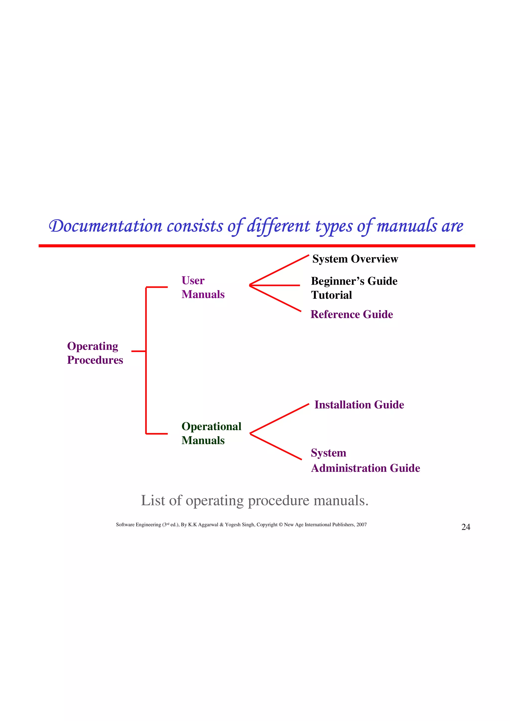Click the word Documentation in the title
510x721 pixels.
pyautogui.click(x=106, y=226)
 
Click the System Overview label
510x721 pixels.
pyautogui.click(x=355, y=259)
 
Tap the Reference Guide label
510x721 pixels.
pyautogui.click(x=351, y=314)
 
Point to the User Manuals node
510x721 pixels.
pyautogui.click(x=203, y=287)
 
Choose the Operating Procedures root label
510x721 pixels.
pyautogui.click(x=95, y=353)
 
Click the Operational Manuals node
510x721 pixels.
pyautogui.click(x=211, y=433)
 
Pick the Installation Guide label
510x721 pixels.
pyautogui.click(x=359, y=405)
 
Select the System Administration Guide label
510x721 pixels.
pyautogui.click(x=365, y=460)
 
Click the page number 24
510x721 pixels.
pyautogui.click(x=466, y=527)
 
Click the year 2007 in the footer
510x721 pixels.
pyautogui.click(x=362, y=524)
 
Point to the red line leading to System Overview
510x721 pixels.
pyautogui.click(x=279, y=270)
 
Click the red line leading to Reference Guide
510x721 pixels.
pyautogui.click(x=276, y=298)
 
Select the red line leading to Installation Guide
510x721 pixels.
pyautogui.click(x=279, y=419)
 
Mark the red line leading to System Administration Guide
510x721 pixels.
pyautogui.click(x=276, y=447)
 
